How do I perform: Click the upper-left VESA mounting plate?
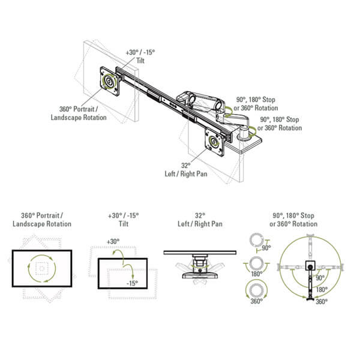[110, 81]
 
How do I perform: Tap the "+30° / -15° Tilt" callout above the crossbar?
[140, 56]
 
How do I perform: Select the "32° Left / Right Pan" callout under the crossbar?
[186, 170]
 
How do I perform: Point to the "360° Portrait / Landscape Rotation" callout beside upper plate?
[79, 113]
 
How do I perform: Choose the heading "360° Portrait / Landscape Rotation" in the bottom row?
[42, 220]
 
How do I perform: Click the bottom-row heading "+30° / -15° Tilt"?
[124, 220]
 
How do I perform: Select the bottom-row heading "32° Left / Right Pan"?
[200, 220]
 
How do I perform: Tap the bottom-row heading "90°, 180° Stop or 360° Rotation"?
[293, 220]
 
